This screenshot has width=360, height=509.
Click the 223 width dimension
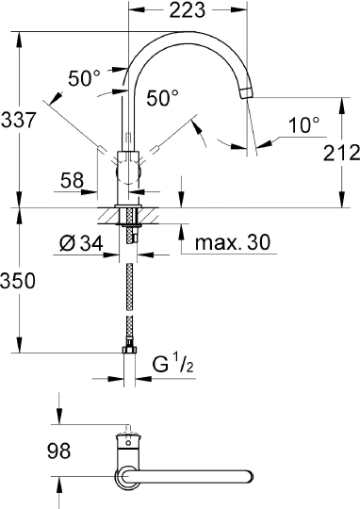point(188,10)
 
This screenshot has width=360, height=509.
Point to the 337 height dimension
point(18,120)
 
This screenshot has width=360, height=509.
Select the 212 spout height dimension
point(341,153)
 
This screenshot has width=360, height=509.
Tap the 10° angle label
point(304,125)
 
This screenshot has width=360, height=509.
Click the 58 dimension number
point(72,180)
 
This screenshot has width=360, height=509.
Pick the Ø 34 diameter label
point(81,243)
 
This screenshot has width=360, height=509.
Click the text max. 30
point(233,242)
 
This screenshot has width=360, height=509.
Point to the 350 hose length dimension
point(18,281)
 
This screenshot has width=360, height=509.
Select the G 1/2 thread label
point(173,364)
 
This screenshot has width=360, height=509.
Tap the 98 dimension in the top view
point(58,451)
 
